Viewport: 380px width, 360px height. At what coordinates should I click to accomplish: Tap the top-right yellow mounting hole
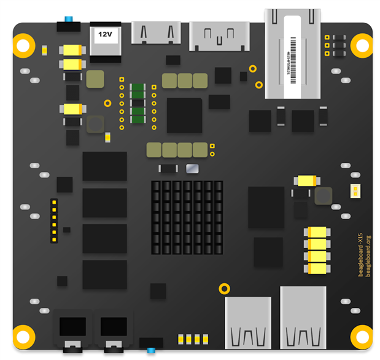pos(361,45)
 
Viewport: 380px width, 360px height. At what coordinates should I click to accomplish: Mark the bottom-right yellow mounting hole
pos(361,335)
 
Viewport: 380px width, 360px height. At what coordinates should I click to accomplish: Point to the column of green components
pos(138,104)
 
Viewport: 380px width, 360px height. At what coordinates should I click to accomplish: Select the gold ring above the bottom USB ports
pos(225,288)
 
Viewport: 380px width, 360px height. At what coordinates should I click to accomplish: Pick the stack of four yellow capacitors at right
pos(317,249)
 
